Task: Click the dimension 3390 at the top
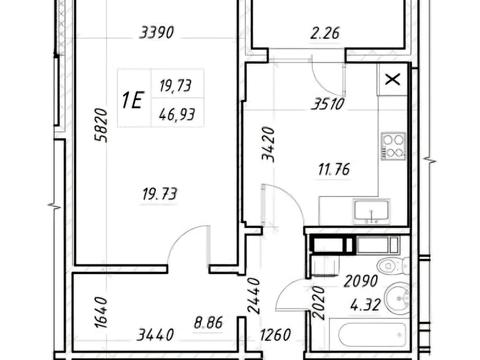(x=157, y=33)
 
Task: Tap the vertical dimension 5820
(x=101, y=125)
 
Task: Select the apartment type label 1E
(x=132, y=100)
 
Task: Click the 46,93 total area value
(x=177, y=115)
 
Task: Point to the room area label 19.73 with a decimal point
(x=160, y=194)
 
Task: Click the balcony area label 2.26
(x=325, y=33)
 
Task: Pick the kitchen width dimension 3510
(x=328, y=104)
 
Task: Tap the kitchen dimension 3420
(x=268, y=144)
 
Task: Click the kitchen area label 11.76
(x=334, y=169)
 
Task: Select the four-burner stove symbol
(x=394, y=146)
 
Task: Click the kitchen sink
(x=372, y=210)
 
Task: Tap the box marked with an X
(x=393, y=80)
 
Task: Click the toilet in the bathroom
(x=393, y=266)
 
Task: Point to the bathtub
(x=369, y=334)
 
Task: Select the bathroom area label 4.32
(x=365, y=304)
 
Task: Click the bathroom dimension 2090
(x=361, y=281)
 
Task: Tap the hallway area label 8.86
(x=208, y=323)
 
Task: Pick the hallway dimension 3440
(x=155, y=335)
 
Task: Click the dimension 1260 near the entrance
(x=275, y=335)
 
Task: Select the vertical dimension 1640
(x=101, y=312)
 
